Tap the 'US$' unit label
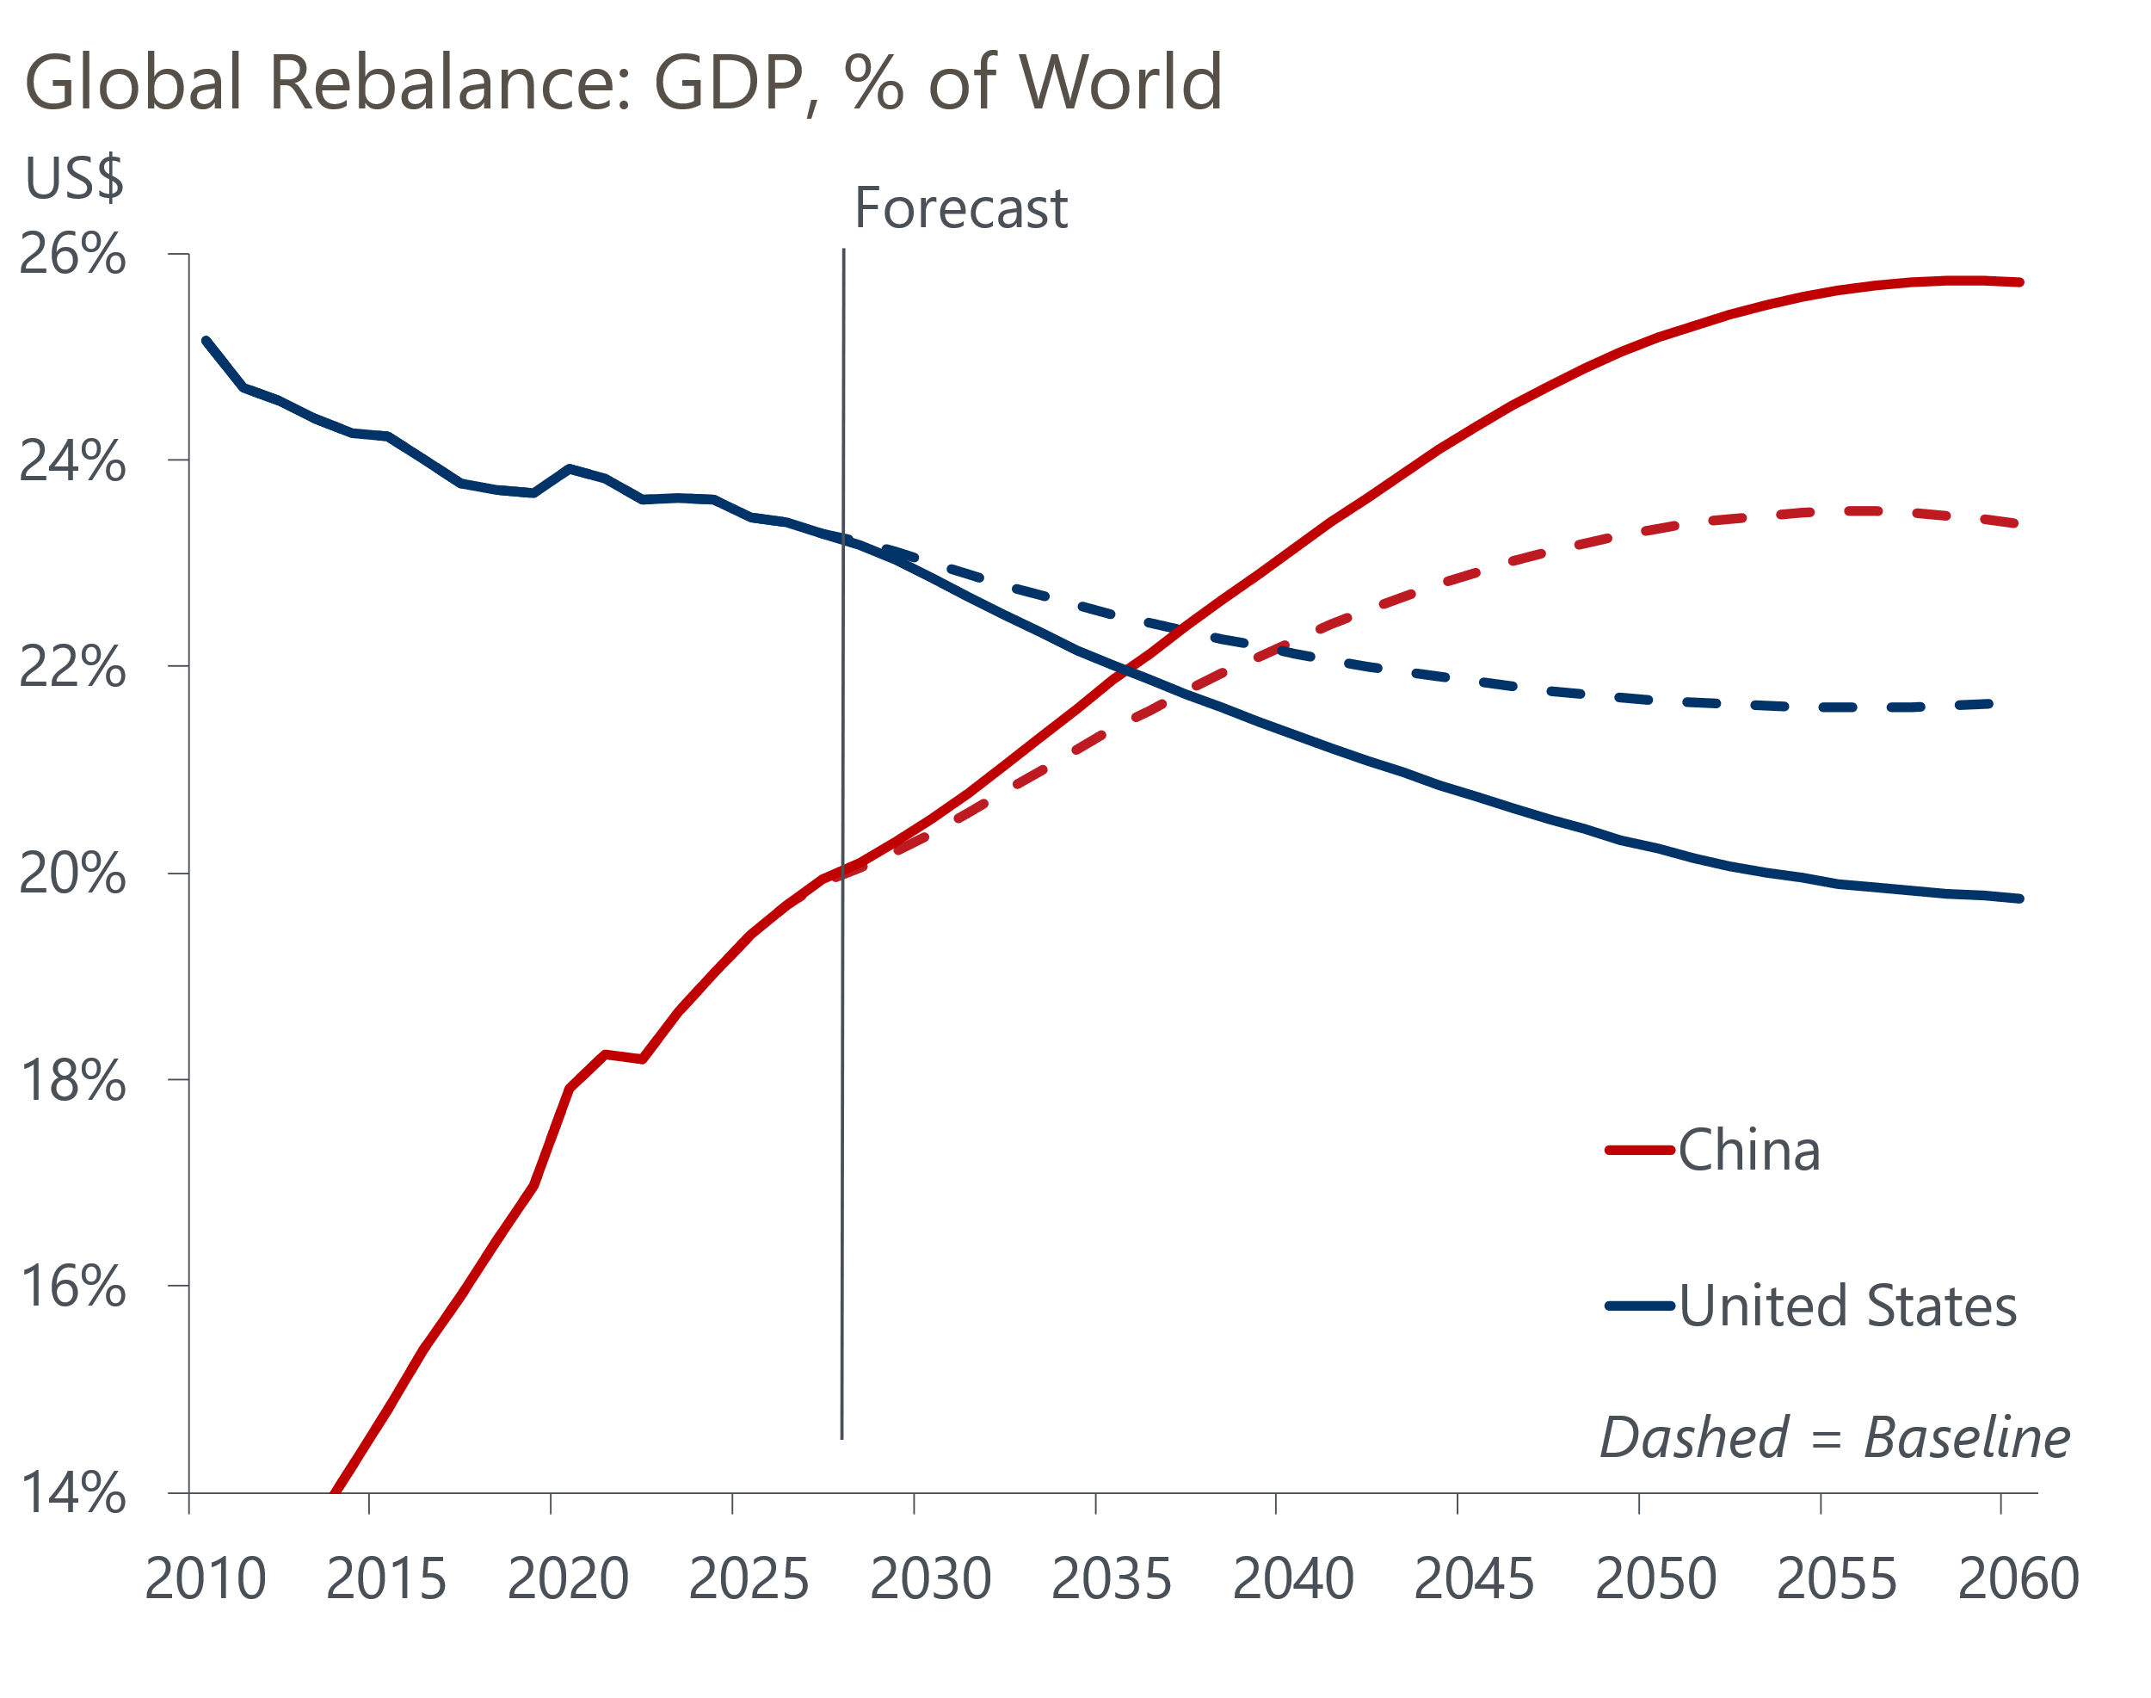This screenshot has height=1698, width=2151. coord(73,179)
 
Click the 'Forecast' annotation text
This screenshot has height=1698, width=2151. coord(960,209)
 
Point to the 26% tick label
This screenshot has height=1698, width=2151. coord(72,255)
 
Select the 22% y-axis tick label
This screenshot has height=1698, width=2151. coord(72,666)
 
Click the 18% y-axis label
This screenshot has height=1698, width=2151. coord(72,1081)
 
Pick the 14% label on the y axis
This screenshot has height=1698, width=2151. coord(72,1493)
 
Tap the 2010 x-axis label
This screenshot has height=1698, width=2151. coord(205,1578)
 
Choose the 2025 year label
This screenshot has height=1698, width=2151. coord(749,1578)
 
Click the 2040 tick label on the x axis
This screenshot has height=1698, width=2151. coord(1292,1578)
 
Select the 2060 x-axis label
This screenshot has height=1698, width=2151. coord(2018,1578)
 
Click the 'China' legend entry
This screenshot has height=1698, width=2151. coord(1749,1151)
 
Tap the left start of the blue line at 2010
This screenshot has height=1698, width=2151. coord(206,341)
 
